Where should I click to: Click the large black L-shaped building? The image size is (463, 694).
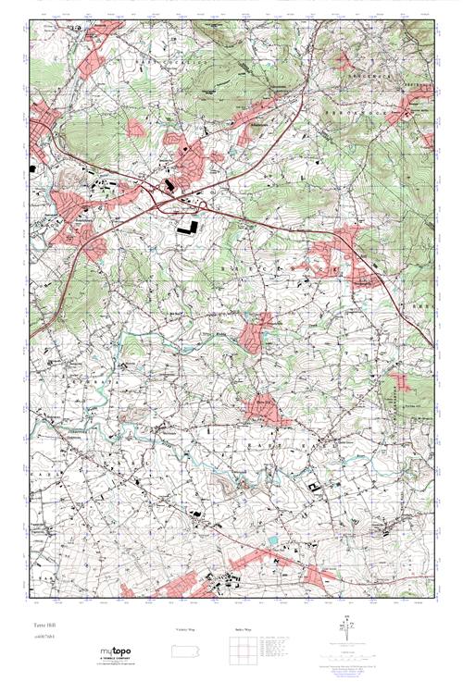[x=188, y=225]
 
